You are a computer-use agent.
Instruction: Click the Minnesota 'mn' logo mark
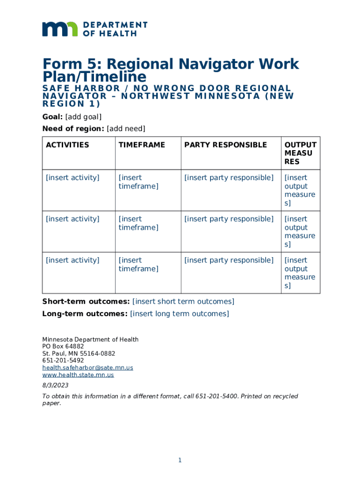(x=60, y=29)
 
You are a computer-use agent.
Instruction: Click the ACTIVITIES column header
(x=67, y=145)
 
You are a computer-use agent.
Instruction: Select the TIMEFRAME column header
(x=142, y=145)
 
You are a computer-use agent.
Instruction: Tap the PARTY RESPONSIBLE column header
(x=225, y=145)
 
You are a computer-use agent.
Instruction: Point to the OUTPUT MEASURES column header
(x=300, y=153)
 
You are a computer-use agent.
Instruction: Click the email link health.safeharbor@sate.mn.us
(x=87, y=368)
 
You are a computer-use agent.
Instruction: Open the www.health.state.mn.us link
(x=78, y=375)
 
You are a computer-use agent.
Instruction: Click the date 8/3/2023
(x=55, y=385)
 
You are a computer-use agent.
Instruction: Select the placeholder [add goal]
(x=83, y=117)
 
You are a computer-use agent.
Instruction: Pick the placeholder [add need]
(x=126, y=129)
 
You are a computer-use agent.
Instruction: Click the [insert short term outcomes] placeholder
(x=183, y=302)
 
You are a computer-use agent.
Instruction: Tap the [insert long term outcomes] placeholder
(x=180, y=314)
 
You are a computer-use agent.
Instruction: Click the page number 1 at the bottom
(x=180, y=461)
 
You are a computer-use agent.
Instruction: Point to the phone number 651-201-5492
(x=63, y=361)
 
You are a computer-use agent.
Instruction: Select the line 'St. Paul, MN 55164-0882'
(x=79, y=354)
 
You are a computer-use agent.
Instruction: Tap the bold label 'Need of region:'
(x=73, y=129)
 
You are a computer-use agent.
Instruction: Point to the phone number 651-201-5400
(x=219, y=396)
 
